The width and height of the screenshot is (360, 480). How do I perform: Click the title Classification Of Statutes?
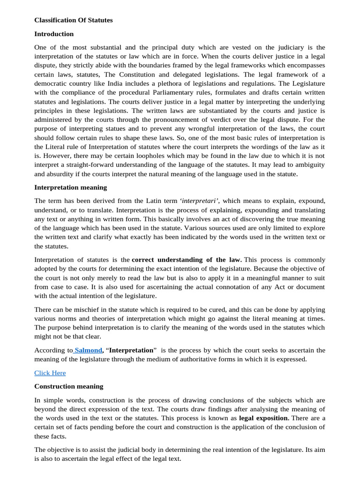coord(74,20)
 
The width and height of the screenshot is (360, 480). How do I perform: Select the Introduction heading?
coord(54,34)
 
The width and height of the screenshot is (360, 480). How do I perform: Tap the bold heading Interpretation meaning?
coord(70,187)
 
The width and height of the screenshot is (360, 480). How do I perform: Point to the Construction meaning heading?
coord(68,386)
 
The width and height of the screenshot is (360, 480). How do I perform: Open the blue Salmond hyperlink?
coord(88,350)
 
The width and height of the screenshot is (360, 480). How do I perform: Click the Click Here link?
coord(50,373)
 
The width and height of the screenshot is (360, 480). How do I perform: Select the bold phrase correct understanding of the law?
coord(187,260)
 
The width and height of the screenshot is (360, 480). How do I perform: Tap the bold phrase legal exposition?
coord(263,418)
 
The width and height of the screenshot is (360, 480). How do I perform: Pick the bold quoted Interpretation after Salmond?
coord(132,350)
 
